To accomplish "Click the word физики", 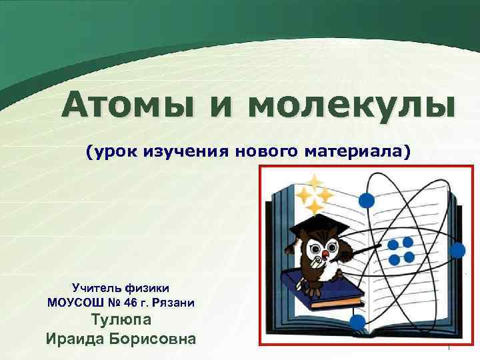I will click(x=148, y=287).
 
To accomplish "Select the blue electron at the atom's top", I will click(x=365, y=199).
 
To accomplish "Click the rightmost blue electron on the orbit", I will click(x=457, y=250).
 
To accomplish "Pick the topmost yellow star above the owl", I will click(x=313, y=180).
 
